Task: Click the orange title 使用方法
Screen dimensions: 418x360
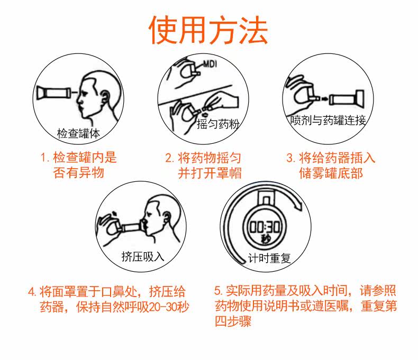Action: click(208, 30)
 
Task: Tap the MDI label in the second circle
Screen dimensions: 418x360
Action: click(210, 64)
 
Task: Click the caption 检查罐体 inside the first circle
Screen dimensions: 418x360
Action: click(78, 133)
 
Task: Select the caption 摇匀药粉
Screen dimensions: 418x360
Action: click(218, 124)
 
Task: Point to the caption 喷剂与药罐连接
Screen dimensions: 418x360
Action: click(328, 121)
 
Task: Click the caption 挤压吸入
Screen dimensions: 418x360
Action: click(143, 256)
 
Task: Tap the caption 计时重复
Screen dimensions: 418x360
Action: click(269, 258)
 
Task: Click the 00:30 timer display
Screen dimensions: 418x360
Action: click(265, 227)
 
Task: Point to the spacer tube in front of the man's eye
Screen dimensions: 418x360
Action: click(53, 93)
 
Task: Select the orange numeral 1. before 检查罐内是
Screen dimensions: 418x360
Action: click(45, 157)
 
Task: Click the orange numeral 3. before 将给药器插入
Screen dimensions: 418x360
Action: click(290, 158)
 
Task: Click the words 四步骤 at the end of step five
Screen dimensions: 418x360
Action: click(233, 321)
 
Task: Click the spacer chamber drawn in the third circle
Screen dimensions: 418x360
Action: click(346, 99)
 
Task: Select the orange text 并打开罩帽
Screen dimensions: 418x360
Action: click(210, 173)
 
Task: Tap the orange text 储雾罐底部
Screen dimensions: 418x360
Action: click(331, 173)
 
